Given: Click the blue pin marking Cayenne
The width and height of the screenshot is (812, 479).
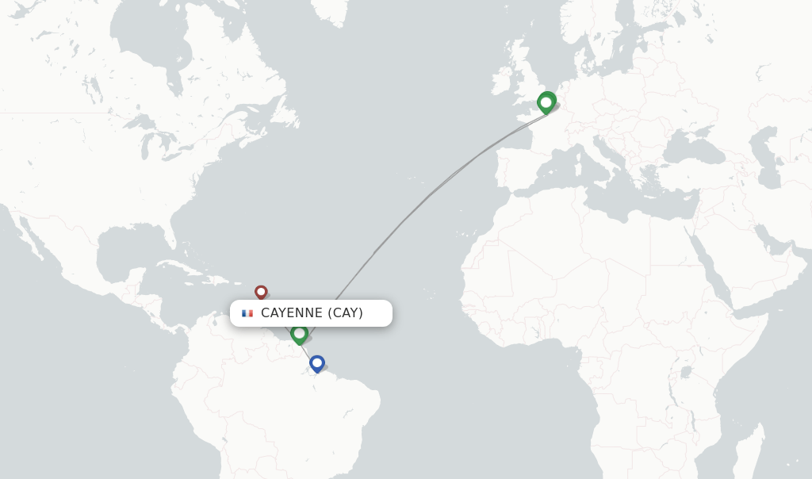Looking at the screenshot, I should tap(317, 363).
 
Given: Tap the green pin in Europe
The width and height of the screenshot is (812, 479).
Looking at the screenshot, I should tap(546, 102).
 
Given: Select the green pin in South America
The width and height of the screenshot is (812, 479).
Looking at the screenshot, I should tap(299, 333).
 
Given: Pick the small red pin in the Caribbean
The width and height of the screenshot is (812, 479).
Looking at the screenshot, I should tap(261, 292).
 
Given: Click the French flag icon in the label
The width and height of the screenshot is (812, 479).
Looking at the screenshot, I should tap(247, 313).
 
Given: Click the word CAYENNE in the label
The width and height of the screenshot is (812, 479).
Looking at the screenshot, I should tap(292, 313).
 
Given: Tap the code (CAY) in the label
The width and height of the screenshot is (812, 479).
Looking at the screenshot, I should tap(347, 313).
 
